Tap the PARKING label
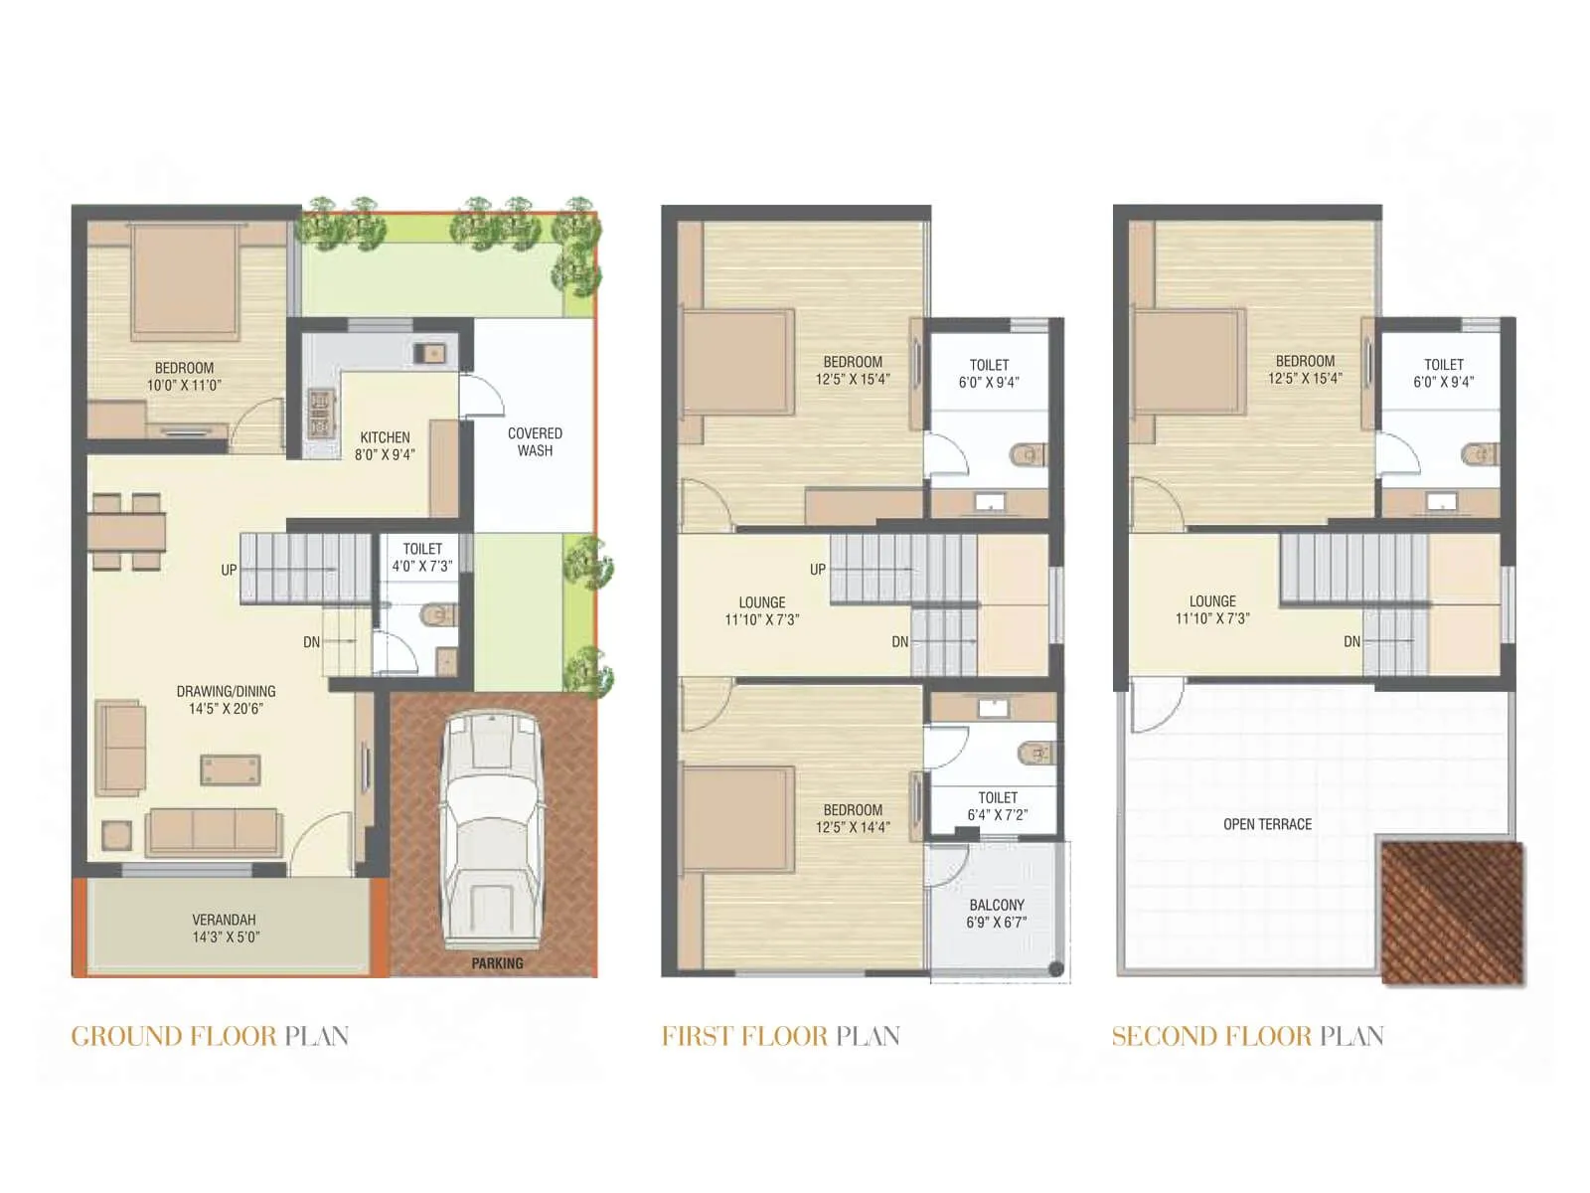pos(497,963)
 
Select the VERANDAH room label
pos(225,920)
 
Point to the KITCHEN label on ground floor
pos(385,437)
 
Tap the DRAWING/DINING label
pos(226,691)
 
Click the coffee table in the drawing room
pos(231,769)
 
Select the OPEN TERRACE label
pos(1267,824)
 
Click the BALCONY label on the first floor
pos(997,905)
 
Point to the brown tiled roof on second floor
pos(1452,914)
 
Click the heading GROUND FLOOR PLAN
pos(210,1036)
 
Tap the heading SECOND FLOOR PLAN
pos(1247,1036)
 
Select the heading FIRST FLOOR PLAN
pos(780,1036)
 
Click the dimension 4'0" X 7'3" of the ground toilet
pos(422,567)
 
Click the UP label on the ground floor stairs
pos(229,570)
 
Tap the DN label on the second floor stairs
pos(1351,642)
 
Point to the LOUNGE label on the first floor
pos(762,602)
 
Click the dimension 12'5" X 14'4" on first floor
pos(853,827)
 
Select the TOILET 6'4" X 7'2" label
pos(998,806)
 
